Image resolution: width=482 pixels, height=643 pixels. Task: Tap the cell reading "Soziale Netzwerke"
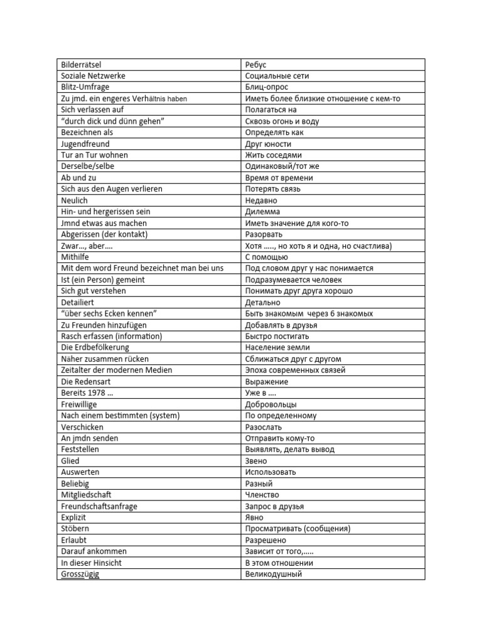click(x=93, y=76)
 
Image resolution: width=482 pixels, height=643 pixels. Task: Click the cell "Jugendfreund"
click(x=85, y=144)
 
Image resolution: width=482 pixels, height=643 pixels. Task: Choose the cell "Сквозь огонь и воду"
click(x=282, y=121)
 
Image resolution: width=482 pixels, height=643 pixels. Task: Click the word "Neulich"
click(x=74, y=200)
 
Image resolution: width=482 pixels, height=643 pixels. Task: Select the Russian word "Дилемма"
click(x=262, y=212)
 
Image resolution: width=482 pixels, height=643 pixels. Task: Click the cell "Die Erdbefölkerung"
click(x=95, y=347)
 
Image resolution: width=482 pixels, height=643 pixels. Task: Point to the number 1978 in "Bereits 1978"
click(x=99, y=392)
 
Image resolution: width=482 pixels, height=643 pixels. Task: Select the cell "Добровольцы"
click(x=270, y=404)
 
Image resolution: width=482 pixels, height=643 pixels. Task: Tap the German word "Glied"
click(x=70, y=461)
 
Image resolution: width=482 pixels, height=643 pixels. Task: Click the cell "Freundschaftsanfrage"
click(x=99, y=506)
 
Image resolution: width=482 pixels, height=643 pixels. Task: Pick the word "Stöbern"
click(x=75, y=529)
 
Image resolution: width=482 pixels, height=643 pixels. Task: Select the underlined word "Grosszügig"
click(x=80, y=574)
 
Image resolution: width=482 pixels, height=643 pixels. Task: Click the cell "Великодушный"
click(x=273, y=574)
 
